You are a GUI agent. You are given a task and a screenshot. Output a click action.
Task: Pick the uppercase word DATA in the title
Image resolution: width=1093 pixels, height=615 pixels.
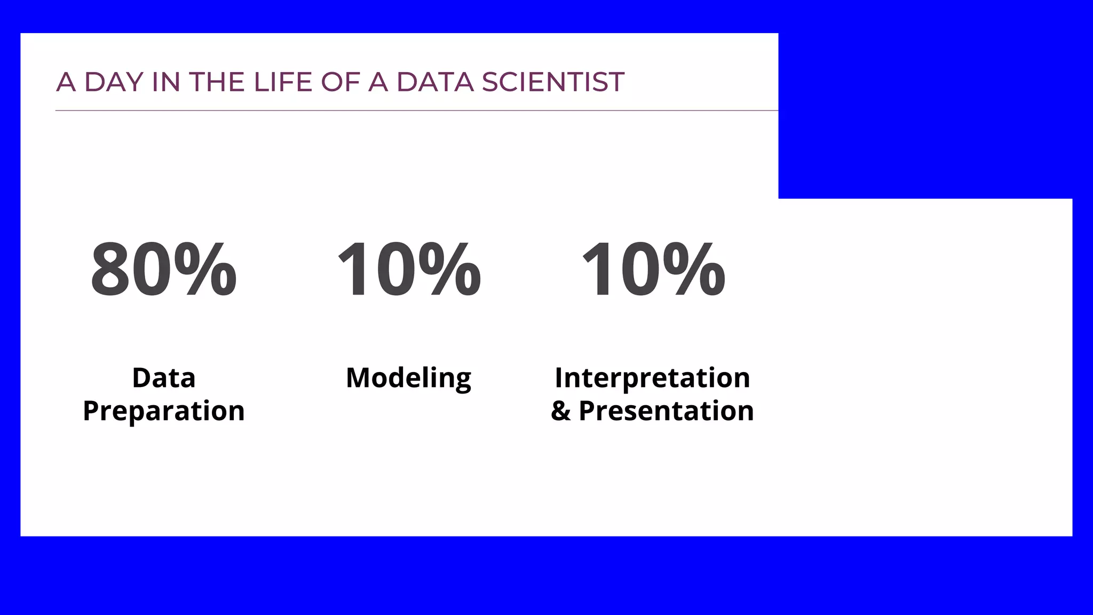(x=435, y=82)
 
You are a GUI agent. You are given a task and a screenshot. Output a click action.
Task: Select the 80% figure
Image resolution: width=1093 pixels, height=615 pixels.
(x=163, y=269)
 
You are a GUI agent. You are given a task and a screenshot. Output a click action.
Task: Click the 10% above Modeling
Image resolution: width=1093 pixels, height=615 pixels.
(x=409, y=269)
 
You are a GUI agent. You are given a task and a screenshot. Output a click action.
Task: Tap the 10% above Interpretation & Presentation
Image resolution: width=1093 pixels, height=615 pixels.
(x=653, y=269)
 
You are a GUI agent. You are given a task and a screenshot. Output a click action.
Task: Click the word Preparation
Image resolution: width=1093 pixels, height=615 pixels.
(x=163, y=411)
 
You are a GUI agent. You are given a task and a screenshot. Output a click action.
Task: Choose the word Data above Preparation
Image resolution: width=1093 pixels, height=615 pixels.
(x=163, y=378)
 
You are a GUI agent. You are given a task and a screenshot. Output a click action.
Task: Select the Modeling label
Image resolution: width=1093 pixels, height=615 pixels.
(x=408, y=379)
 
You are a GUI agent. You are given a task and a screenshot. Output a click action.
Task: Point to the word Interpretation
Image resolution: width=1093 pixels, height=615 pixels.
(x=652, y=378)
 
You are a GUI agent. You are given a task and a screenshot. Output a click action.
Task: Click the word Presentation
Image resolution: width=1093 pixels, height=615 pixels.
(x=666, y=411)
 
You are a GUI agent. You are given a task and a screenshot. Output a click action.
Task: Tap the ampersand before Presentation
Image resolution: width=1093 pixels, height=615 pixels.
(x=560, y=411)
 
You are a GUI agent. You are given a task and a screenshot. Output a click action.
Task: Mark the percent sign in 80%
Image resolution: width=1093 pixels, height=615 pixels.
(x=205, y=269)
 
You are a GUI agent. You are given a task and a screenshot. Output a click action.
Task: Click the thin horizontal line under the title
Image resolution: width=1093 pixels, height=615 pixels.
(x=416, y=111)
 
